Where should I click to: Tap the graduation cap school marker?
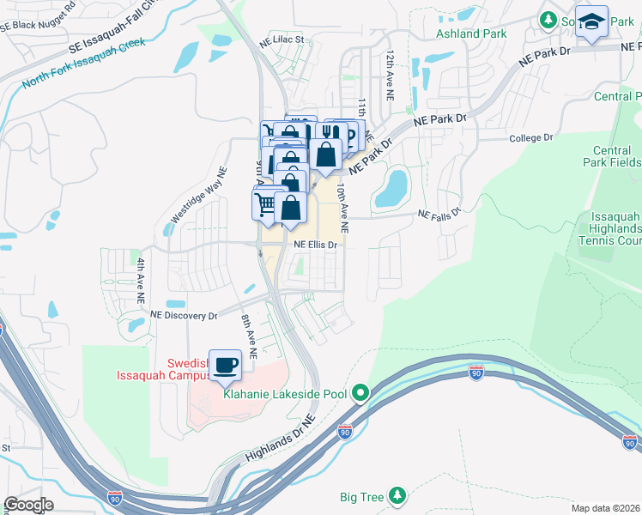(x=591, y=22)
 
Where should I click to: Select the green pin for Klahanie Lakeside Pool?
(x=361, y=394)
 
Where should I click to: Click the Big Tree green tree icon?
(x=397, y=496)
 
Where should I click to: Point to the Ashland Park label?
(x=470, y=33)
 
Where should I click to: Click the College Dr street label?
(x=530, y=137)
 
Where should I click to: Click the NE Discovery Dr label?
(x=184, y=316)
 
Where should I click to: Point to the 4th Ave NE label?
(x=141, y=281)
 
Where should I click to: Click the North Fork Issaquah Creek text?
(x=84, y=64)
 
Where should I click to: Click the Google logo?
(x=27, y=505)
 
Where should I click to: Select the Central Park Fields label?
(x=616, y=156)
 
